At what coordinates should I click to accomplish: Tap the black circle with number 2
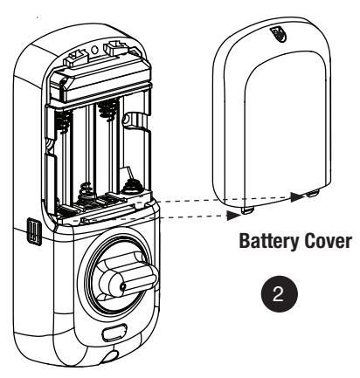pyautogui.click(x=279, y=294)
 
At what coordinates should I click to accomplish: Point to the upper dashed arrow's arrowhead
pyautogui.click(x=297, y=197)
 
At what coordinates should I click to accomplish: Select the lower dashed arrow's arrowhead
pyautogui.click(x=234, y=215)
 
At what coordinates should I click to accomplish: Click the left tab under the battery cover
pyautogui.click(x=248, y=210)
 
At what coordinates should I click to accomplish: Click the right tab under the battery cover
pyautogui.click(x=313, y=193)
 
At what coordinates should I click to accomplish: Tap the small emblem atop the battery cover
pyautogui.click(x=278, y=34)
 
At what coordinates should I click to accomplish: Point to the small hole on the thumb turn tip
pyautogui.click(x=123, y=286)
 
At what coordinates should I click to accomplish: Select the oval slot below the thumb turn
pyautogui.click(x=114, y=333)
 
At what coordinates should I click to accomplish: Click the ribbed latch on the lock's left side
pyautogui.click(x=34, y=230)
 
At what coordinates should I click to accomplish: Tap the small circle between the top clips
pyautogui.click(x=94, y=50)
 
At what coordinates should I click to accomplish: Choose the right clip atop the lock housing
pyautogui.click(x=116, y=47)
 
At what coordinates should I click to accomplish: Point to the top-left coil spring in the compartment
pyautogui.click(x=64, y=122)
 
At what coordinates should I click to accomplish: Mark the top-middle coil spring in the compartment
pyautogui.click(x=108, y=110)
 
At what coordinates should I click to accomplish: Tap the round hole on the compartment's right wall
pyautogui.click(x=127, y=119)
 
